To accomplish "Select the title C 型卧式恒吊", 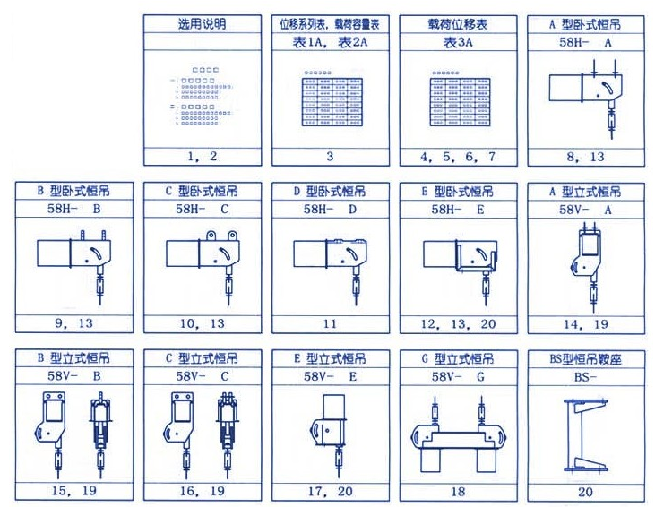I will click(x=203, y=192).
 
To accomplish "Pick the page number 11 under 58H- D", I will click(x=331, y=322).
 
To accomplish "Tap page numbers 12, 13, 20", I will click(x=458, y=322).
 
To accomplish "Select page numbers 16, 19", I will click(x=203, y=491).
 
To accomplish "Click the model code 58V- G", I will click(x=458, y=377).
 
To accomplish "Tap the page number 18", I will click(x=458, y=491).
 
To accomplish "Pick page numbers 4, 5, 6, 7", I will click(x=458, y=156).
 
